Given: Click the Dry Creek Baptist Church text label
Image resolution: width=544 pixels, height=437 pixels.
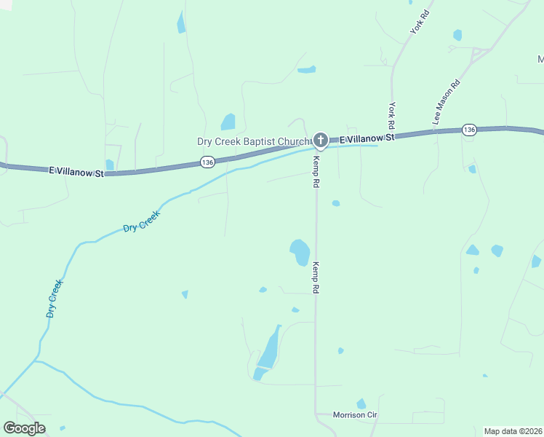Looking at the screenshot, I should pyautogui.click(x=253, y=141).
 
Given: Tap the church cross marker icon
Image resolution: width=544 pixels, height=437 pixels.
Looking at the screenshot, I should pyautogui.click(x=321, y=139).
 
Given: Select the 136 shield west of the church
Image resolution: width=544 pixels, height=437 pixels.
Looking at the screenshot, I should pyautogui.click(x=208, y=163).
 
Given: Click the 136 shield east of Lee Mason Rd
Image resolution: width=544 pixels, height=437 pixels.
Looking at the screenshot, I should pyautogui.click(x=469, y=130).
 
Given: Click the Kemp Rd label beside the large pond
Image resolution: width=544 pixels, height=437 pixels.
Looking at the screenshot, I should pyautogui.click(x=316, y=277).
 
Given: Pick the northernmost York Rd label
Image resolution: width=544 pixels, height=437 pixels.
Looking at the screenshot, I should pyautogui.click(x=417, y=22).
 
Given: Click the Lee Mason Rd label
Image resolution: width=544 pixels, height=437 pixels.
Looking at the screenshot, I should pyautogui.click(x=447, y=103).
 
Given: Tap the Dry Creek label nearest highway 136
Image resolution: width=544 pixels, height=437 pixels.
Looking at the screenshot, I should pyautogui.click(x=141, y=222).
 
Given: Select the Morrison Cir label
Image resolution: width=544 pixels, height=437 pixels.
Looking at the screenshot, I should pyautogui.click(x=356, y=415).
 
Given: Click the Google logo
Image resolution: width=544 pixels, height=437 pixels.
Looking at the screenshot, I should pyautogui.click(x=24, y=428).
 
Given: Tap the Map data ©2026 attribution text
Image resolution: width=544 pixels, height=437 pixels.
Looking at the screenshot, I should pyautogui.click(x=513, y=431).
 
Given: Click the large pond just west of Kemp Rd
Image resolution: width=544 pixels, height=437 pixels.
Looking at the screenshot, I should pyautogui.click(x=299, y=252).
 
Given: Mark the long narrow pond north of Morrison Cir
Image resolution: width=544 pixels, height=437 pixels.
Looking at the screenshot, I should pyautogui.click(x=267, y=351).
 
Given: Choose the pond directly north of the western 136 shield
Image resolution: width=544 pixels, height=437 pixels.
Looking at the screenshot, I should pyautogui.click(x=228, y=121).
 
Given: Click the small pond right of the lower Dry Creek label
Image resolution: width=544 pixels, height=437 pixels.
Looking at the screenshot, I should pyautogui.click(x=185, y=294).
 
